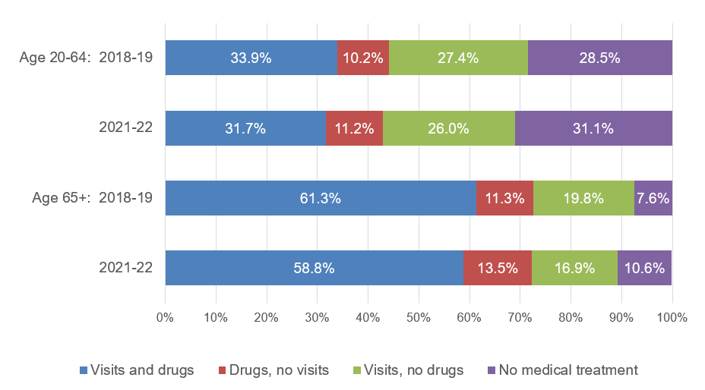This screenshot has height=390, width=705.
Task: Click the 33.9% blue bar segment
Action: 251,58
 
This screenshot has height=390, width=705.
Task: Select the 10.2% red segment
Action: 362,58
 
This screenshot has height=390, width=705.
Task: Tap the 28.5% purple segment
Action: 599,58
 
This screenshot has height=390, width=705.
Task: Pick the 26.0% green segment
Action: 448,128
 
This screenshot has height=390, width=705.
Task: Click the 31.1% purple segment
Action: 593,128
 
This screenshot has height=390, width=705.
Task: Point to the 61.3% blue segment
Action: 321,198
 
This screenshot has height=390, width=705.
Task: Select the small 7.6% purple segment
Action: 653,198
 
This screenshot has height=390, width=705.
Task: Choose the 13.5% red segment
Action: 497,268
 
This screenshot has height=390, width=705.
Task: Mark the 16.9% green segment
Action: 574,268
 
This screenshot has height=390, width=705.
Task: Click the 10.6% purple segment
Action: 644,268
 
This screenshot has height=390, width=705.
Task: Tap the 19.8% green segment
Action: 583,198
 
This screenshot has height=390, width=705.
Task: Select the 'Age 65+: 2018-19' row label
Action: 92,198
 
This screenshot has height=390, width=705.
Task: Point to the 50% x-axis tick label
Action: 419,317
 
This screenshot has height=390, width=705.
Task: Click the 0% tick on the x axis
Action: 165,317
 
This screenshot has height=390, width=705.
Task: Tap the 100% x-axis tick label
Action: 672,317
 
